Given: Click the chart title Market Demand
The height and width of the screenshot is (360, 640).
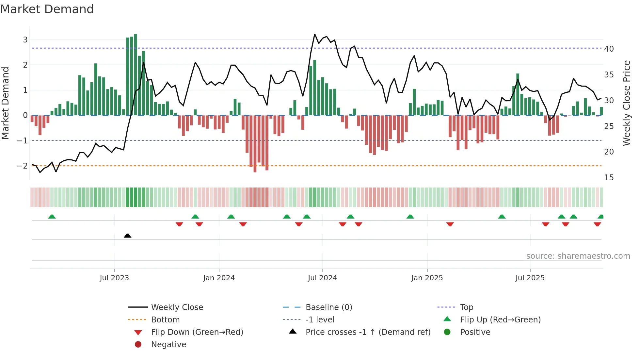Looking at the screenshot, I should pyautogui.click(x=47, y=9).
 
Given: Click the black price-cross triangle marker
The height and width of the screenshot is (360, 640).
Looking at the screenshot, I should pyautogui.click(x=128, y=236).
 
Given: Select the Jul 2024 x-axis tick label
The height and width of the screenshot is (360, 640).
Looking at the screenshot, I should pyautogui.click(x=322, y=278).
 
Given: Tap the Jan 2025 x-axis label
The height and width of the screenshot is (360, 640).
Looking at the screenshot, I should pyautogui.click(x=427, y=278).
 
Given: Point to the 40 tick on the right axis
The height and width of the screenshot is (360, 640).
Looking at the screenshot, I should pyautogui.click(x=609, y=49).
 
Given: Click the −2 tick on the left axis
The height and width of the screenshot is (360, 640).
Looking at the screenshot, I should pyautogui.click(x=22, y=166).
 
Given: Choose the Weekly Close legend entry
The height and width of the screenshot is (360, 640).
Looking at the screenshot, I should pyautogui.click(x=177, y=307).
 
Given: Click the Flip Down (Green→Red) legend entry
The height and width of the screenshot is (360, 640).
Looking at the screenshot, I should pyautogui.click(x=197, y=332).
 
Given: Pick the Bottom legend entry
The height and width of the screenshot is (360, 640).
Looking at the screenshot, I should pyautogui.click(x=165, y=320).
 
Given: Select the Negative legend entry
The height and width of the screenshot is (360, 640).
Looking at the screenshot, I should pyautogui.click(x=168, y=345).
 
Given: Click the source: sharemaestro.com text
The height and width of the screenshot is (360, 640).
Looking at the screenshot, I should pyautogui.click(x=578, y=256).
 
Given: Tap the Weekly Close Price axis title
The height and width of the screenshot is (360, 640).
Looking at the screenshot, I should pyautogui.click(x=626, y=103).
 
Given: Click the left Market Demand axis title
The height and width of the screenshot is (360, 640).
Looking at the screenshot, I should pyautogui.click(x=6, y=103).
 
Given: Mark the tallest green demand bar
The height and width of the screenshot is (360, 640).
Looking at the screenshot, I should pyautogui.click(x=136, y=74).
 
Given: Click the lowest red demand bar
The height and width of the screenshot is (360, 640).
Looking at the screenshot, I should pyautogui.click(x=255, y=144).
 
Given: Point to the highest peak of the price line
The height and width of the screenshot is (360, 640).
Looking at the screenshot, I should pyautogui.click(x=315, y=34).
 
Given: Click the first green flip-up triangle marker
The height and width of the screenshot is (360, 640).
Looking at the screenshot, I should pyautogui.click(x=52, y=217).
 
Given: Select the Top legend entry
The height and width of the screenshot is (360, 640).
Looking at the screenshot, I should pyautogui.click(x=467, y=307).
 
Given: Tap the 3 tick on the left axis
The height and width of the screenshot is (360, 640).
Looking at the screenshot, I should pyautogui.click(x=25, y=40).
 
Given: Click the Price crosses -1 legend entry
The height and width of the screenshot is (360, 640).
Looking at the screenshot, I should pyautogui.click(x=368, y=332).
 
